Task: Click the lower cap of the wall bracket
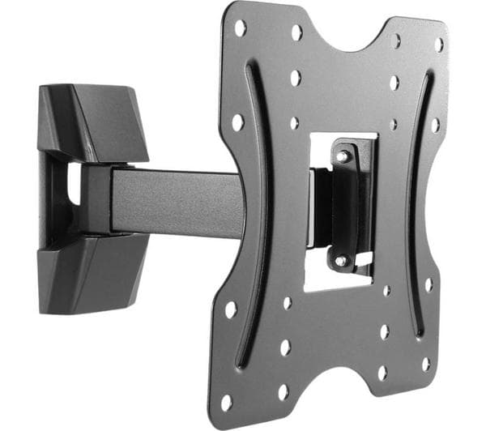pos(92,268)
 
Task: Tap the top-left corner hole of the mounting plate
pos(240,28)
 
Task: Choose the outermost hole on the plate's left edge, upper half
pos(237,122)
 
